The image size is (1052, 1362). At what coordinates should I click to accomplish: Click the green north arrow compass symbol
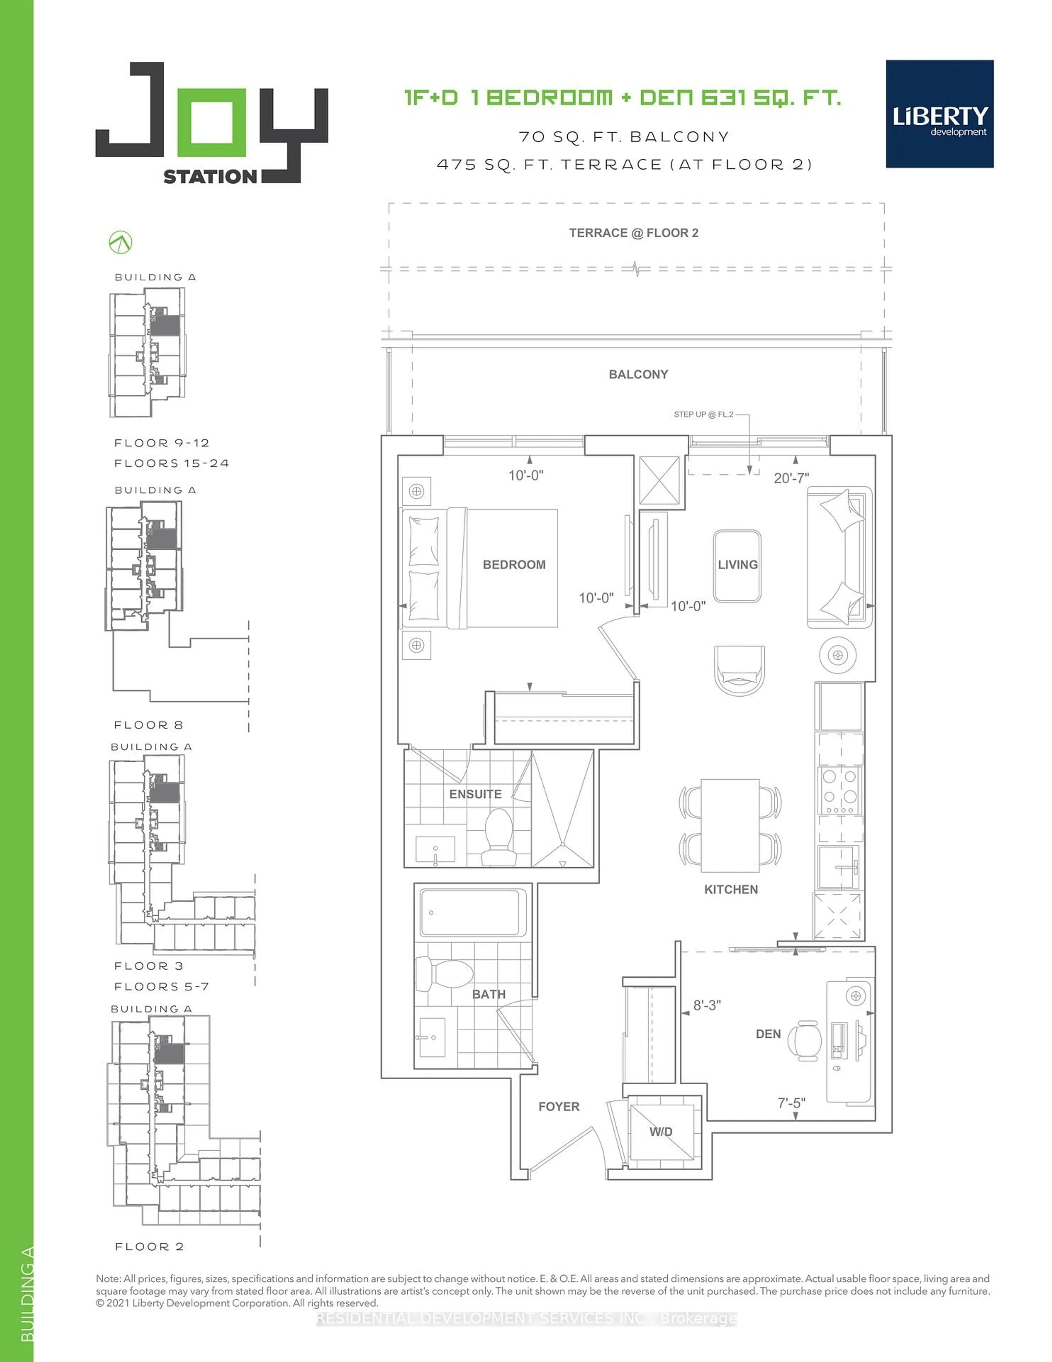[120, 243]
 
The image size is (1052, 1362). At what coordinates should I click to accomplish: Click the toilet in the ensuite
[499, 837]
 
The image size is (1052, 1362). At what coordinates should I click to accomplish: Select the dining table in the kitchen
[730, 825]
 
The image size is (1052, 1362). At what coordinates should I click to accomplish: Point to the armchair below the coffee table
[739, 670]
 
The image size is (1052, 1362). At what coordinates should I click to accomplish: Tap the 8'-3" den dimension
[707, 1005]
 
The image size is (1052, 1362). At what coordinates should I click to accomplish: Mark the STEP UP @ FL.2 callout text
[703, 414]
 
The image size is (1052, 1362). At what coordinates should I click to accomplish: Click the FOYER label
[558, 1106]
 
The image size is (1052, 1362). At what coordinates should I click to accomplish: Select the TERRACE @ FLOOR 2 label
[633, 232]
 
